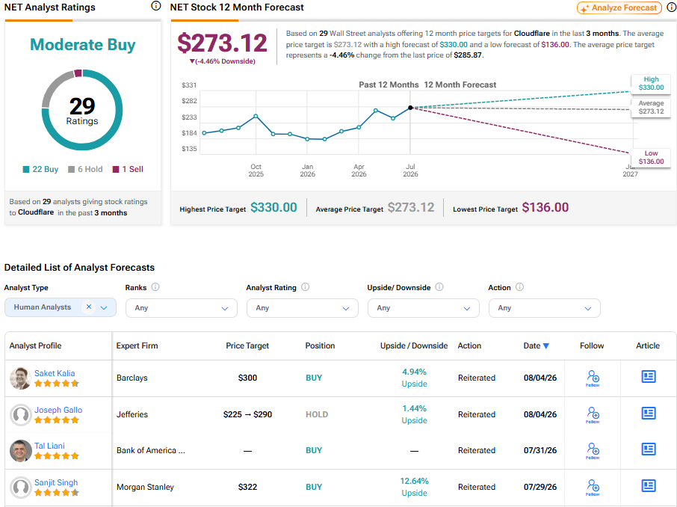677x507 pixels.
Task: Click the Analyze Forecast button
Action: (x=619, y=7)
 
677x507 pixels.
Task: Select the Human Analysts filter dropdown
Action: (x=61, y=307)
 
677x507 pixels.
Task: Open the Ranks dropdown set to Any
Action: (x=182, y=308)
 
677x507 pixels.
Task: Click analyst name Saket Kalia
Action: (x=55, y=373)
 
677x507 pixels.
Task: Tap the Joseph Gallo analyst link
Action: (x=58, y=410)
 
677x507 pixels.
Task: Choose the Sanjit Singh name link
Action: (x=56, y=482)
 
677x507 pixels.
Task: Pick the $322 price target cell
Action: (x=247, y=487)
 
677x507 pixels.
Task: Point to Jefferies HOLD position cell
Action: (x=317, y=414)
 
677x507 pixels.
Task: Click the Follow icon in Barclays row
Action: (x=593, y=378)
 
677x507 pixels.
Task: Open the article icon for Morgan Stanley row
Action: (x=649, y=486)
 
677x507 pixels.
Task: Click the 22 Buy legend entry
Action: (x=40, y=170)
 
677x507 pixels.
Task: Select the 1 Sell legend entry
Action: (x=128, y=170)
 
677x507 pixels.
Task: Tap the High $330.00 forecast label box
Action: (x=651, y=84)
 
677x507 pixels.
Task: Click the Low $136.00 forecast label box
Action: (x=651, y=157)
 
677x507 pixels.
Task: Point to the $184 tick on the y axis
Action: (x=189, y=133)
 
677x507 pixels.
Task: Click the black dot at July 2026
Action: (x=410, y=108)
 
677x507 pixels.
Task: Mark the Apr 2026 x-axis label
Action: (x=359, y=170)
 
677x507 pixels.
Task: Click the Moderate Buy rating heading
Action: (x=83, y=45)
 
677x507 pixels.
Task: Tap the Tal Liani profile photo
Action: (x=21, y=451)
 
